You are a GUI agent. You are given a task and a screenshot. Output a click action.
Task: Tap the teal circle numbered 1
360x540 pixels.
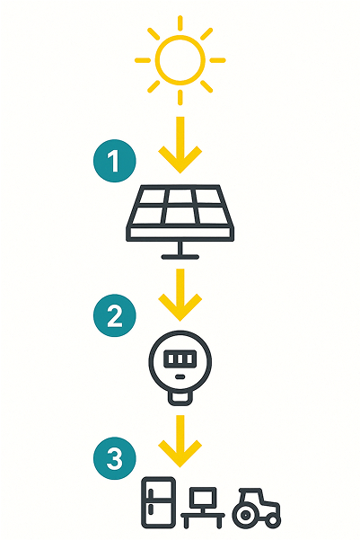click(x=115, y=161)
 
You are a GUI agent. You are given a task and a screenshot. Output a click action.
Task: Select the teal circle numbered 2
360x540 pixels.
click(x=115, y=315)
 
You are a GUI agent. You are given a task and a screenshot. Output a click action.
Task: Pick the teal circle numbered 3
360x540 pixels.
click(x=115, y=458)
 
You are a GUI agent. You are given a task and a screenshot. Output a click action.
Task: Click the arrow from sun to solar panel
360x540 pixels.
click(x=180, y=145)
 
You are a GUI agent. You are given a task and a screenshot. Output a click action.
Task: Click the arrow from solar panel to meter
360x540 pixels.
click(x=180, y=295)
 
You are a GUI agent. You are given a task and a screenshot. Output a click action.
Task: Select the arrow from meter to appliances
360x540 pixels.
click(x=180, y=441)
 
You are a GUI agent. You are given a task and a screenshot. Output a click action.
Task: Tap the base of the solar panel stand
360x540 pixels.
click(x=180, y=257)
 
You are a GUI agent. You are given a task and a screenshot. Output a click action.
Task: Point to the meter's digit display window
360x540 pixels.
click(x=180, y=359)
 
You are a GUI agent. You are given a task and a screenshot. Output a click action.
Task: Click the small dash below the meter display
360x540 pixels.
click(x=180, y=376)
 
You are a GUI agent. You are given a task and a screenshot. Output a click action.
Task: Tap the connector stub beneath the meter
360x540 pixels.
click(x=180, y=400)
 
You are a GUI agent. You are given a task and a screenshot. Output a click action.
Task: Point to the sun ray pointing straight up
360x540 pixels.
click(x=180, y=22)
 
